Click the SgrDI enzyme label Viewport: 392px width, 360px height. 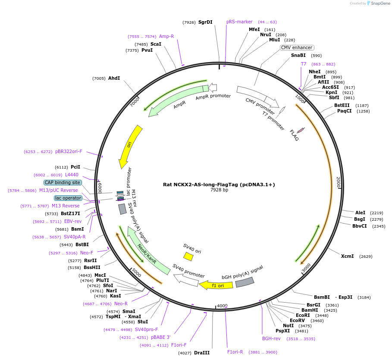pos(205,22)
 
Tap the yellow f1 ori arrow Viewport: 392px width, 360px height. pos(216,285)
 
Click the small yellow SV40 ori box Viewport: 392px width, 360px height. pos(188,257)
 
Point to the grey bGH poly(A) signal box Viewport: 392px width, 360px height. pos(245,282)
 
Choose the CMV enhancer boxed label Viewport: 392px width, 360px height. pos(297,47)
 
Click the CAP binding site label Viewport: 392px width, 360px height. pos(62,182)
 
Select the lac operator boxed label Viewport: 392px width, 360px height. pos(68,198)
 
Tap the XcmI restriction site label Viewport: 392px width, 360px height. pos(347,256)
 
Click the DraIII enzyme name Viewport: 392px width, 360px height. pos(201,353)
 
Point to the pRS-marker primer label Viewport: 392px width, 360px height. pos(239,22)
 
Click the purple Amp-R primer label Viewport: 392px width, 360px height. pos(166,36)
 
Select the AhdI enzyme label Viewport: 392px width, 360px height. pos(114,78)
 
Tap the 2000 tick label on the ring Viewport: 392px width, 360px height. pos(339,182)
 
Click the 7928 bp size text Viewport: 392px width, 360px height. pos(219,190)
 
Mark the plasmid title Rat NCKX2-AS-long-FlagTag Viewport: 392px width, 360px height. pos(219,184)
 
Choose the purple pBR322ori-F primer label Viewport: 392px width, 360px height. pos(69,151)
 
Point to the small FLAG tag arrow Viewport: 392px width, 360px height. pos(301,130)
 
